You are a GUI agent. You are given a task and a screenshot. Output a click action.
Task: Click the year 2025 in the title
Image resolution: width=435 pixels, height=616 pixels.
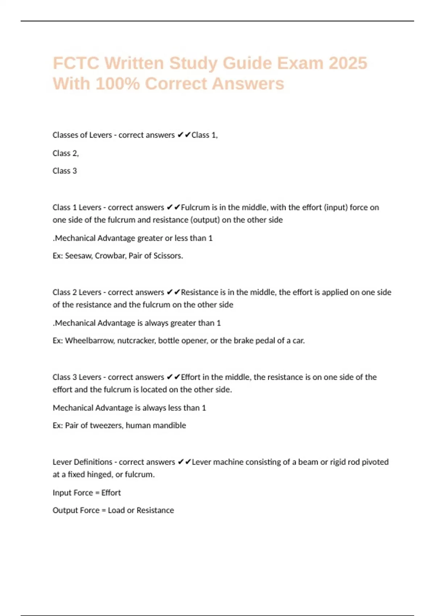(x=348, y=63)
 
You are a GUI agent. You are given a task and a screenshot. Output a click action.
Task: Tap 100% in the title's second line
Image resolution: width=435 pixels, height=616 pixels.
(x=118, y=84)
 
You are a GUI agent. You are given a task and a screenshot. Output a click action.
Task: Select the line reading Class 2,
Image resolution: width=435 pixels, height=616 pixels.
(x=66, y=153)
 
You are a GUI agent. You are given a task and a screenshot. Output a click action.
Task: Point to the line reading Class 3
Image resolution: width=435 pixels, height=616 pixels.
(x=65, y=171)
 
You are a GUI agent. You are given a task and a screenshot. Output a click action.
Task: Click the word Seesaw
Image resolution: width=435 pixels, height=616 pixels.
(x=79, y=256)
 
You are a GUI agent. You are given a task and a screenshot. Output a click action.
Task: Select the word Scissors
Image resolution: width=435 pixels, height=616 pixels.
(x=168, y=256)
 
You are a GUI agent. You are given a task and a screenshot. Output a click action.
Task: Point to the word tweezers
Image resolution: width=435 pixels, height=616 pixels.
(x=106, y=425)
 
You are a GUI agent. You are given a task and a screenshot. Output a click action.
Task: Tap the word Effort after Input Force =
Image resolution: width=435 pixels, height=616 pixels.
(x=111, y=493)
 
